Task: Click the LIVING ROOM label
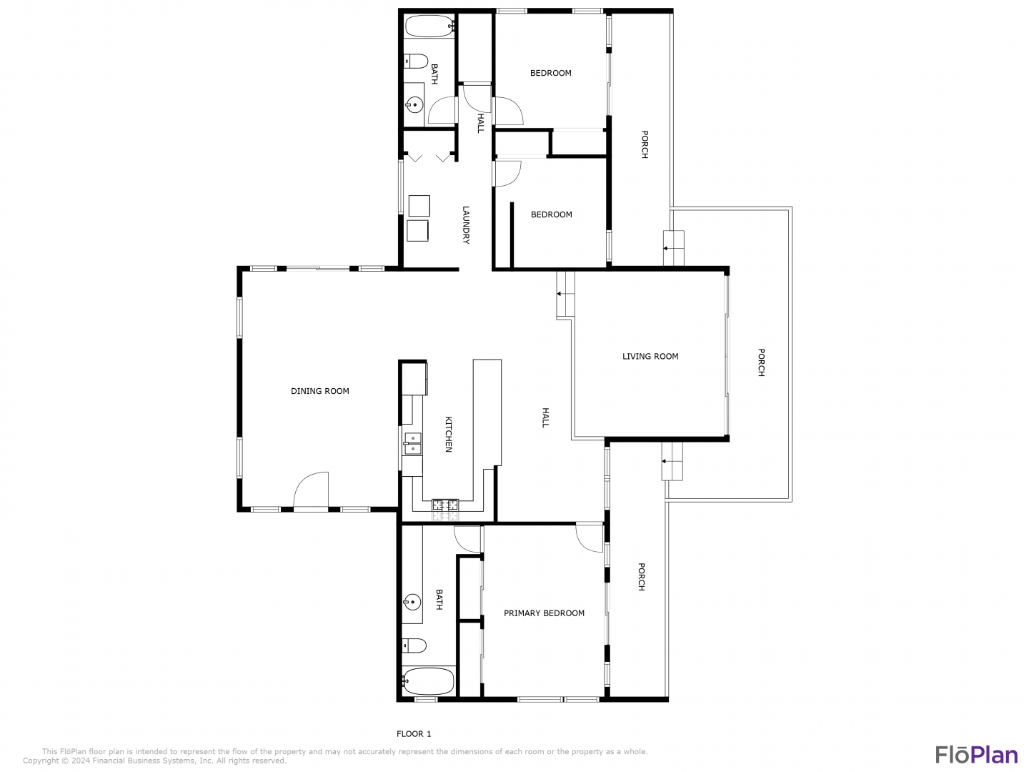click(650, 356)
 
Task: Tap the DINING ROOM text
click(319, 391)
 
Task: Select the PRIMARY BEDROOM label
click(544, 613)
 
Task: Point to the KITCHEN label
click(448, 434)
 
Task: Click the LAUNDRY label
click(465, 225)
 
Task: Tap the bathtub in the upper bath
click(429, 26)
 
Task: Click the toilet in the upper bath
click(417, 61)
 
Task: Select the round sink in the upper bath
click(414, 104)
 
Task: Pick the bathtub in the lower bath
click(427, 681)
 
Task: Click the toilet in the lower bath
click(414, 646)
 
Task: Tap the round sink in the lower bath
click(412, 602)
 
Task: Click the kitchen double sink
click(412, 443)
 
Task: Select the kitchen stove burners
click(445, 505)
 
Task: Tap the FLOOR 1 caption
click(414, 734)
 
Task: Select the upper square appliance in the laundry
click(419, 206)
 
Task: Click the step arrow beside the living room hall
click(565, 294)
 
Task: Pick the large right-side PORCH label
click(761, 362)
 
